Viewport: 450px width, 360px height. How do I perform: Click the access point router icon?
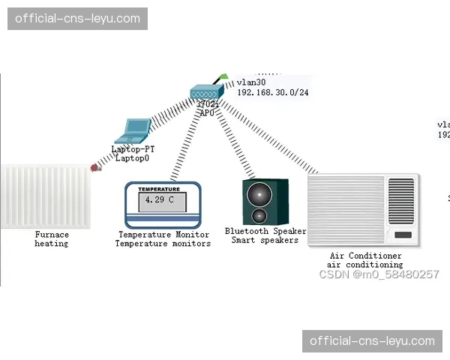point(206,93)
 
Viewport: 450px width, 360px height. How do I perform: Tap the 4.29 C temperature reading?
point(161,201)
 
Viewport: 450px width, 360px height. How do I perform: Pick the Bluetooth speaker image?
point(265,202)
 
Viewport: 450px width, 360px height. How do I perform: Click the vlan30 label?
point(251,82)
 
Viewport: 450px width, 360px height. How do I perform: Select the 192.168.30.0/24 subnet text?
point(273,92)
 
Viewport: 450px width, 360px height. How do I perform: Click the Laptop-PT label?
point(133,149)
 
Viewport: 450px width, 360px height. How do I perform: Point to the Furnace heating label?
point(52,239)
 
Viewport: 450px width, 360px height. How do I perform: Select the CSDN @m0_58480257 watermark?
point(379,274)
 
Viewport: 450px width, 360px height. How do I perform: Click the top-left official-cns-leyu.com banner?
point(77,19)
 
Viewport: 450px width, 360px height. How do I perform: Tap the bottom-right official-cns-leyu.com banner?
point(372,341)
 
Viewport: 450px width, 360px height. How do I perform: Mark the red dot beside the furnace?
point(94,168)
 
